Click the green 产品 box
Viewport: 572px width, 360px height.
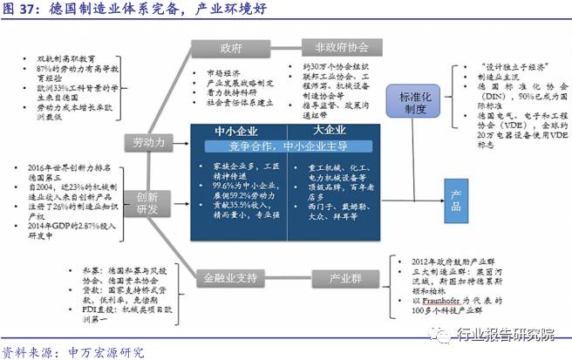click(x=454, y=192)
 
